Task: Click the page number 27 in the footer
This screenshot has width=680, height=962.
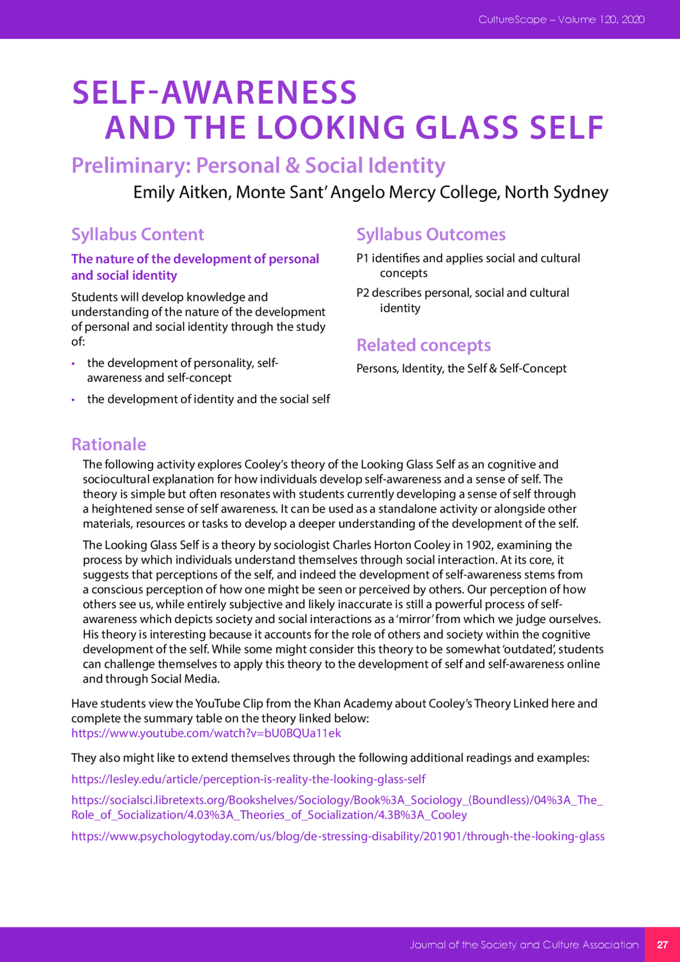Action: (662, 944)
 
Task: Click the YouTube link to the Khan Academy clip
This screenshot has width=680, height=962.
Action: (206, 733)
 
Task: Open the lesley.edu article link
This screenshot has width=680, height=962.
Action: (248, 779)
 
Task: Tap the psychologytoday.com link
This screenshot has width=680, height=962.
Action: (338, 836)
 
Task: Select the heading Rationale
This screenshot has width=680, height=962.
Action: (108, 444)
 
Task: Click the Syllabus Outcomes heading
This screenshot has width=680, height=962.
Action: (431, 234)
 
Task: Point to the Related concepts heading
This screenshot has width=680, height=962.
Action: (423, 345)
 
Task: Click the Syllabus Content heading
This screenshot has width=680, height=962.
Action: (138, 234)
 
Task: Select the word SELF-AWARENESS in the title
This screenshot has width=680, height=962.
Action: (214, 92)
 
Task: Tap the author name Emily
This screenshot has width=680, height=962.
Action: (154, 192)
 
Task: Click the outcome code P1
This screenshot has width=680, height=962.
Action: (362, 258)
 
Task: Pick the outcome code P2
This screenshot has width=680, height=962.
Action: (362, 293)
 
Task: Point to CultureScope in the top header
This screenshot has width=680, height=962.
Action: (512, 20)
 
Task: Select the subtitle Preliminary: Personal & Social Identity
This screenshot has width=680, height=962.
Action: (258, 166)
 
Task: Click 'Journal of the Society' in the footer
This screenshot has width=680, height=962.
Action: (463, 944)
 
